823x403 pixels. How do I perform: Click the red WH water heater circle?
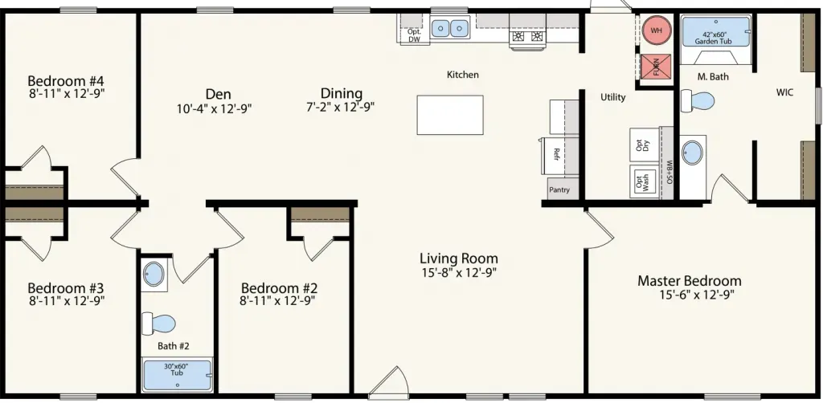click(656, 31)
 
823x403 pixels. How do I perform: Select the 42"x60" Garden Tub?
click(716, 32)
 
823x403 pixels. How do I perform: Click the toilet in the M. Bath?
click(698, 100)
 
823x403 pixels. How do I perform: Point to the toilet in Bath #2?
click(158, 323)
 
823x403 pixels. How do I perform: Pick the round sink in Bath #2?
click(154, 274)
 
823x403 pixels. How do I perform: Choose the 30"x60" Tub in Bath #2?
click(177, 375)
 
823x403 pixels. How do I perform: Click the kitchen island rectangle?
click(450, 115)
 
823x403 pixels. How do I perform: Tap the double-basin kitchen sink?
click(450, 27)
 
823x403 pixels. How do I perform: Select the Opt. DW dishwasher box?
click(414, 35)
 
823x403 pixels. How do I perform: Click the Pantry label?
click(559, 189)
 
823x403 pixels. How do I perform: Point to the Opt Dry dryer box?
click(644, 145)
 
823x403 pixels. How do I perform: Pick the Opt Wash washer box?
click(644, 182)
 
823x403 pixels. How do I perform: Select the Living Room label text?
click(459, 258)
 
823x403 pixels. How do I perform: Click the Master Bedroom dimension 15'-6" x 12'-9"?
click(697, 294)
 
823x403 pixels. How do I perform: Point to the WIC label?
click(784, 93)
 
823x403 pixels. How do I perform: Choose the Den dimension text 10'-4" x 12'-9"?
click(215, 108)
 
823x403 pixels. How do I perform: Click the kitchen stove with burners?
click(528, 37)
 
